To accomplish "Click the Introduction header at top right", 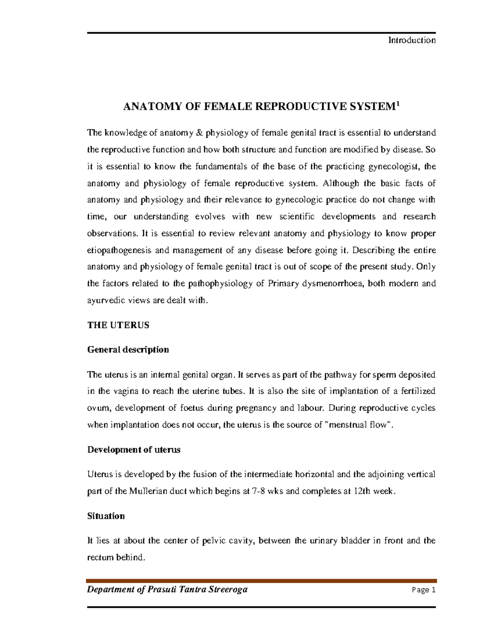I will [412, 40].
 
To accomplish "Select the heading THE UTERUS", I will [118, 325].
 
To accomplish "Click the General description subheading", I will [128, 350].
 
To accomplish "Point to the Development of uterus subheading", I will [134, 450].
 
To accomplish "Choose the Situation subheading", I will [106, 516].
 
